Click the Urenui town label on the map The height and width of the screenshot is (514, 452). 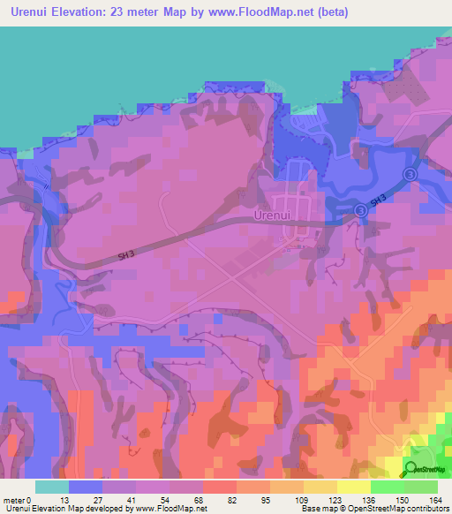pyautogui.click(x=272, y=215)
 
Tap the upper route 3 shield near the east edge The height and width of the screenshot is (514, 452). pyautogui.click(x=409, y=176)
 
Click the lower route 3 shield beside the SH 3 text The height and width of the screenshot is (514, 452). pyautogui.click(x=361, y=209)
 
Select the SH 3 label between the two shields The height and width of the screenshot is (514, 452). pyautogui.click(x=378, y=202)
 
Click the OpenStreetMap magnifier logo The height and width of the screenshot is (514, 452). pyautogui.click(x=411, y=469)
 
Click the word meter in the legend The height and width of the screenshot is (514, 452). pyautogui.click(x=17, y=500)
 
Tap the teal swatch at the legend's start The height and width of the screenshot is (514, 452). pyautogui.click(x=52, y=487)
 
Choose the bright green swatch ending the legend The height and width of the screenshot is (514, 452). pyautogui.click(x=421, y=487)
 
